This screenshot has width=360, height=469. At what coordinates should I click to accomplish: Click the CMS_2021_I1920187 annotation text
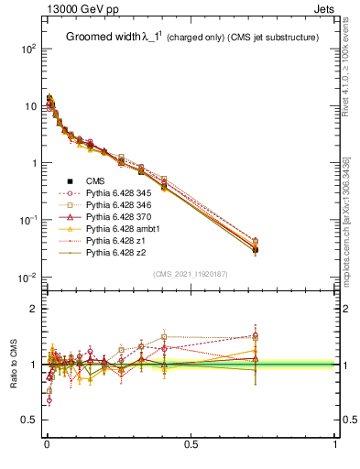191,274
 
